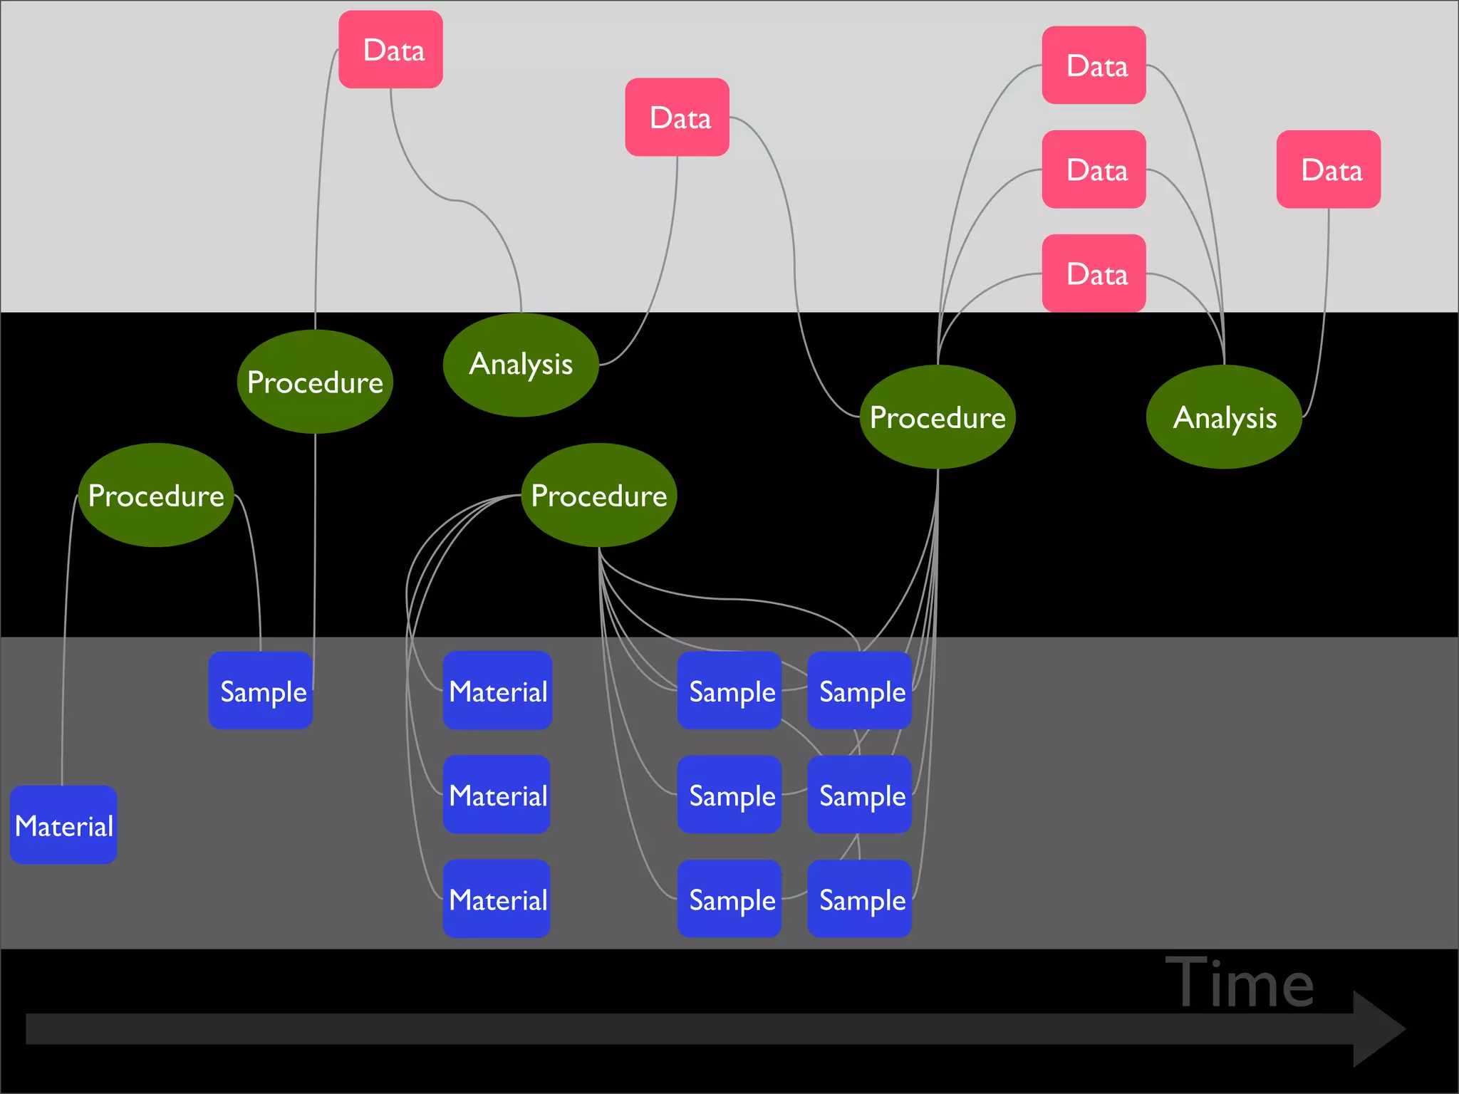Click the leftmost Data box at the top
390,49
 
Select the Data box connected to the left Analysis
677,117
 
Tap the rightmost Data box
1328,169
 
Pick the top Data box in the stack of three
1094,65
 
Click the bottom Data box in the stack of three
1094,273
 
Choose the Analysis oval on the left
521,365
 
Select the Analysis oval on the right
1224,417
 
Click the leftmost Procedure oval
156,495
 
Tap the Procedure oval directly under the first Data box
315,382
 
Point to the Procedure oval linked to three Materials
598,495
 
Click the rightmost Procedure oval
938,417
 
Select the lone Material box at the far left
63,825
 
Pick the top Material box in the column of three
497,690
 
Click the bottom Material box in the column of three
497,899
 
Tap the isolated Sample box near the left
261,690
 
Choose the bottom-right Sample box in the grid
860,899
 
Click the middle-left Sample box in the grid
729,795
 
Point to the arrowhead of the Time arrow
1378,1028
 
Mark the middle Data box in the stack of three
1094,169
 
